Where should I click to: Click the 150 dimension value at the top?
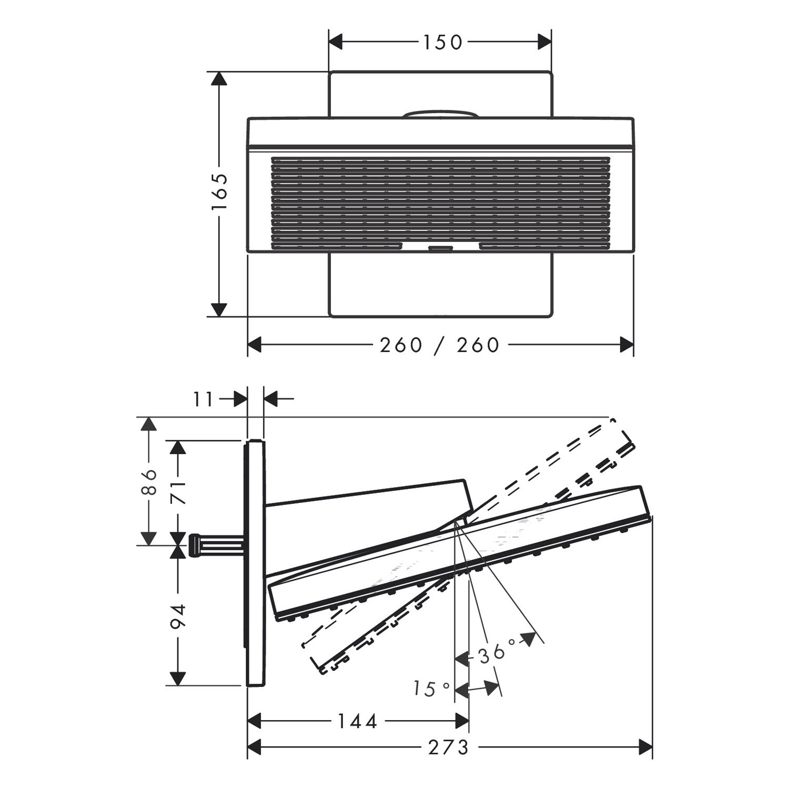tap(442, 43)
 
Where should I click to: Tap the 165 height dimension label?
tap(219, 192)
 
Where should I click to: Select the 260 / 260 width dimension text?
tap(440, 345)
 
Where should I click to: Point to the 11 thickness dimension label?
tap(203, 400)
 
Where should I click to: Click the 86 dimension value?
tap(149, 481)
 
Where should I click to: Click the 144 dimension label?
tap(357, 722)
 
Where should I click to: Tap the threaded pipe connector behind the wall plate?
tap(216, 545)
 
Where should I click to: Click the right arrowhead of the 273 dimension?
tap(645, 746)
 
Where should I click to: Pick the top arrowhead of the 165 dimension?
tap(219, 78)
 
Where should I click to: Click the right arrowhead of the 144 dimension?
tap(462, 721)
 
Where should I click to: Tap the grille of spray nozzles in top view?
tap(441, 203)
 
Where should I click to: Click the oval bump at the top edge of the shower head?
tap(440, 114)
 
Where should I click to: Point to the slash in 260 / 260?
tap(440, 346)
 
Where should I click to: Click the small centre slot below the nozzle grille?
tap(441, 248)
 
